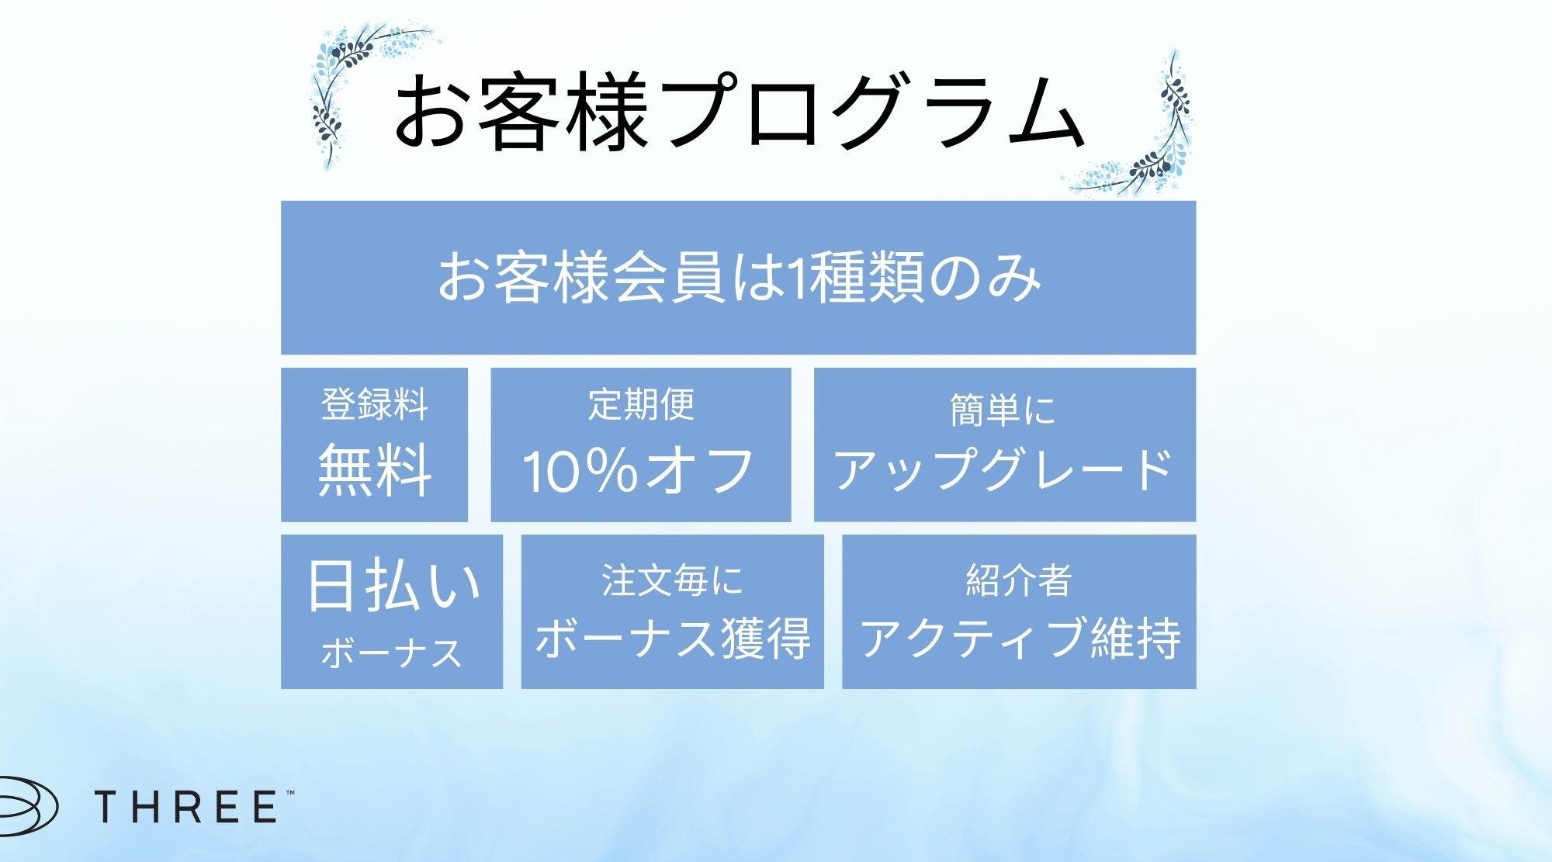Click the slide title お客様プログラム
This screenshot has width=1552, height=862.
coord(737,113)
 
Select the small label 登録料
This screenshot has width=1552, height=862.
coord(374,405)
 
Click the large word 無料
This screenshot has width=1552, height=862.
coord(374,469)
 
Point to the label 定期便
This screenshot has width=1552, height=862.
coord(641,405)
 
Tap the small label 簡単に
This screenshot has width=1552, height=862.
coord(1003,410)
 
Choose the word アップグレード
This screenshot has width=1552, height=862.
coord(1003,469)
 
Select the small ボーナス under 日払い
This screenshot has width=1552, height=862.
coord(392,653)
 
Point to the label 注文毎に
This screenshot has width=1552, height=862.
coord(672,581)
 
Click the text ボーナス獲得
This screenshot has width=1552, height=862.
coord(672,638)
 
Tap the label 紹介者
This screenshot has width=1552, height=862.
coord(1018,581)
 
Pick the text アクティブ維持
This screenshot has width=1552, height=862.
coord(1020,638)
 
